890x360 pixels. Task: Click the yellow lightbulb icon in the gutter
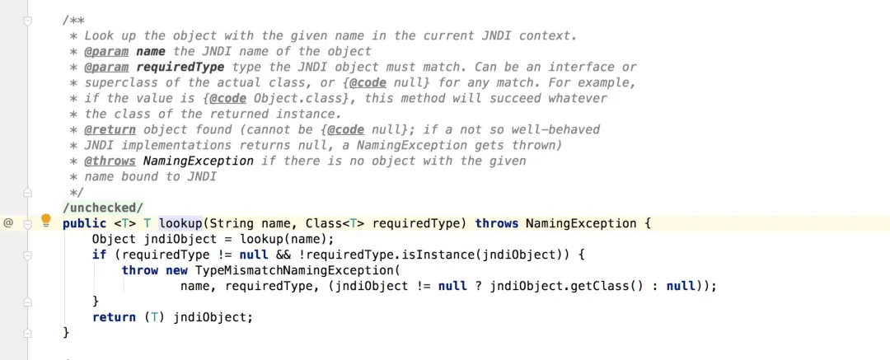pos(46,222)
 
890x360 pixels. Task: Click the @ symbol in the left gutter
pos(8,222)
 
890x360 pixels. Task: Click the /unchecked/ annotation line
pos(102,208)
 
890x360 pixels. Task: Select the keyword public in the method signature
pos(84,223)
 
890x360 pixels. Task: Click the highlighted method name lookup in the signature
pos(180,223)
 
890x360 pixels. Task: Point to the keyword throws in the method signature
pos(497,223)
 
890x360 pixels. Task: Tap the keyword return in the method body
pos(114,317)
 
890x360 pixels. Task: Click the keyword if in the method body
pos(99,255)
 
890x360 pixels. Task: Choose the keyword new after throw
pos(177,270)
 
